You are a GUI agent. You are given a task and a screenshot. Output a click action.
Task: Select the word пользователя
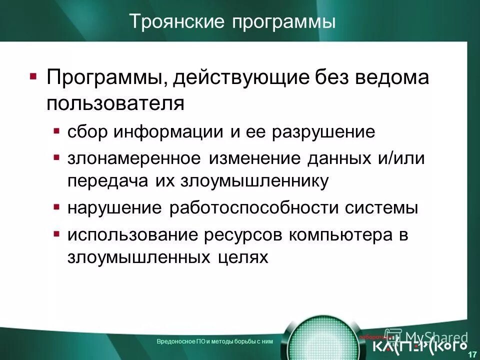pyautogui.click(x=115, y=103)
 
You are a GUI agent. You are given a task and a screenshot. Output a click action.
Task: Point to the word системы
pyautogui.click(x=384, y=207)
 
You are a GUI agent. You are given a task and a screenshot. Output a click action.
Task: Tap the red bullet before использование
pyautogui.click(x=56, y=233)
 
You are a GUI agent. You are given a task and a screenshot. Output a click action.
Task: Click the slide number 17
pyautogui.click(x=471, y=354)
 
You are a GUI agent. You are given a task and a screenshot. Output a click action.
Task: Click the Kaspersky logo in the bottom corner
pyautogui.click(x=420, y=345)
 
